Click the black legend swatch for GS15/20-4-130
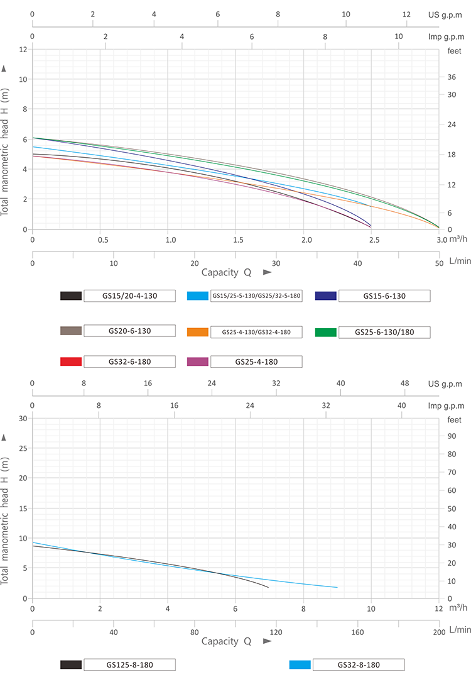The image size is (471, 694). pyautogui.click(x=71, y=296)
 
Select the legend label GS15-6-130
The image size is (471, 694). pyautogui.click(x=384, y=296)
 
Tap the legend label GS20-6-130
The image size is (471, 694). pyautogui.click(x=129, y=330)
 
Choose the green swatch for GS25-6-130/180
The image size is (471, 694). pyautogui.click(x=326, y=332)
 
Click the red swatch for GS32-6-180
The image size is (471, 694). pyautogui.click(x=71, y=361)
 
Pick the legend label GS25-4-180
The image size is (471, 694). pyautogui.click(x=256, y=361)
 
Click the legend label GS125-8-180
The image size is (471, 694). pyautogui.click(x=129, y=664)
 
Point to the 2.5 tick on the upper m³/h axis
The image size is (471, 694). pyautogui.click(x=371, y=240)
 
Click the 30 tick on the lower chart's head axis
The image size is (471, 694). pyautogui.click(x=23, y=418)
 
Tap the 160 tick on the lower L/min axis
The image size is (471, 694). pyautogui.click(x=358, y=632)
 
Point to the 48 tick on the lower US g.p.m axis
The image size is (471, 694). pyautogui.click(x=405, y=383)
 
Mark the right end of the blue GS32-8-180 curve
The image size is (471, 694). pyautogui.click(x=337, y=588)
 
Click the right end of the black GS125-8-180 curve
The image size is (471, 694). pyautogui.click(x=268, y=588)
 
